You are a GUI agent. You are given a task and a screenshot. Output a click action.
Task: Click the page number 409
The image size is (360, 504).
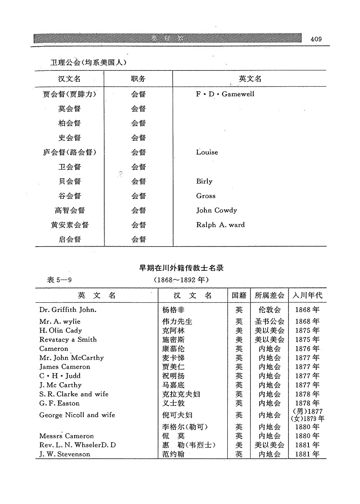pos(316,39)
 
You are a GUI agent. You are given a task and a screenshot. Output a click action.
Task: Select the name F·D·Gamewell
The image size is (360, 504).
pos(225,94)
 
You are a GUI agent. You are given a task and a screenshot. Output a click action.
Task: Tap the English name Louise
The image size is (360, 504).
pos(207,152)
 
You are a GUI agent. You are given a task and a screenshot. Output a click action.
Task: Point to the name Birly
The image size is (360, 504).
pos(204,182)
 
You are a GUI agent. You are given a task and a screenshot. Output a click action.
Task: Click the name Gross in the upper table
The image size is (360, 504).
pos(206,196)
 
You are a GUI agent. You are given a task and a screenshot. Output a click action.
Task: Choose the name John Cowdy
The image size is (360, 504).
pos(217,210)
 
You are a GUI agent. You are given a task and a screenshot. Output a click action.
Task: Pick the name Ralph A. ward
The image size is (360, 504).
pos(220,225)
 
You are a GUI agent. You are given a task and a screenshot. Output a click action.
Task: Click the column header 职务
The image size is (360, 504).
pos(138,79)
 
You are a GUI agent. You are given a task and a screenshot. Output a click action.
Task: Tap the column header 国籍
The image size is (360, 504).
pos(239,295)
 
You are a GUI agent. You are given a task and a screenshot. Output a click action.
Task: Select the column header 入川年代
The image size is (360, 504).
pos(307,295)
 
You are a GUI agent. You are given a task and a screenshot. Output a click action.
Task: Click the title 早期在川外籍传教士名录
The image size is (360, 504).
pos(181,268)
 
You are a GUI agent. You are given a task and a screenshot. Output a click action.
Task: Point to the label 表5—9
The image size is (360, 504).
pos(59,280)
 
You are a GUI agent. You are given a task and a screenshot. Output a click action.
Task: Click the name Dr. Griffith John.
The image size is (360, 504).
pos(68,310)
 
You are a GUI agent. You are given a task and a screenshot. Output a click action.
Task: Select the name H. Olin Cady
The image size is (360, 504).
pos(60,330)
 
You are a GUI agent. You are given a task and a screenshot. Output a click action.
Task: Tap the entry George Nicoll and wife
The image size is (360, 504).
pos(77,415)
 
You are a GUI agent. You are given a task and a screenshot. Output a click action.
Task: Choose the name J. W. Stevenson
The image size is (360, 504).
pos(65,454)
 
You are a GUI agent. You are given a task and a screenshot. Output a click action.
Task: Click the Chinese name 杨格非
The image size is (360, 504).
pos(173,310)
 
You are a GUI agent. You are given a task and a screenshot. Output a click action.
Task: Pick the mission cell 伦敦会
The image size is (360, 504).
pos(269,310)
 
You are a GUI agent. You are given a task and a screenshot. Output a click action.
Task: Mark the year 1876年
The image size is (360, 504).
pos(307,349)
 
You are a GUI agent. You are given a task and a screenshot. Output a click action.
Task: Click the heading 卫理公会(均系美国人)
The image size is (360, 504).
pos(88,62)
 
